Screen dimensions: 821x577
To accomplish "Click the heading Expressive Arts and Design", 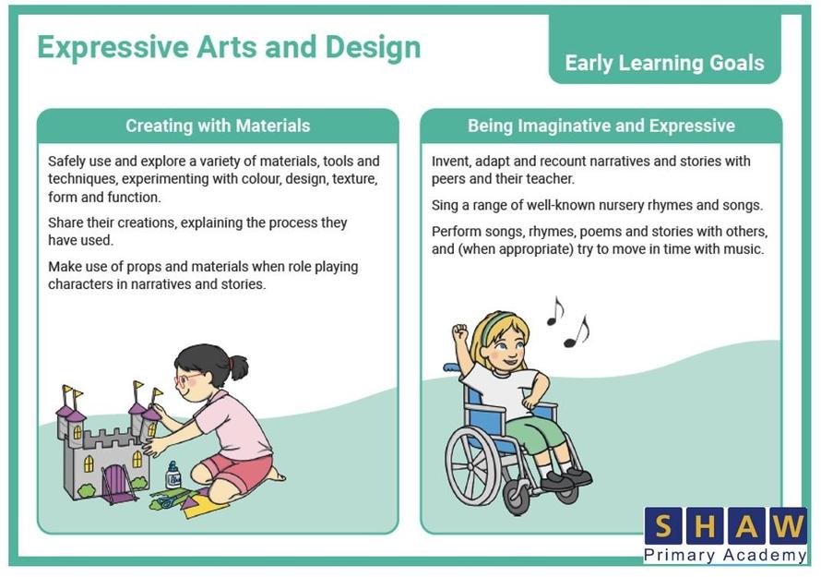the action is (x=229, y=48).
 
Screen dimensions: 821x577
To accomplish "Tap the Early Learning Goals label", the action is (x=664, y=63).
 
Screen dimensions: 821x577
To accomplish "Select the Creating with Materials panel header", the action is (x=218, y=126).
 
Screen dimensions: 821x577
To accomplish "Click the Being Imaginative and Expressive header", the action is (x=601, y=126).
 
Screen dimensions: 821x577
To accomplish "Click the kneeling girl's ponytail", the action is (x=239, y=366).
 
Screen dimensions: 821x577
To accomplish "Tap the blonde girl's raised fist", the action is (x=460, y=331).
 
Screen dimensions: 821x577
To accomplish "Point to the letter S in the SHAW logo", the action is (x=663, y=525).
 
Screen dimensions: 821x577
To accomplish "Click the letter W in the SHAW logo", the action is (x=788, y=525).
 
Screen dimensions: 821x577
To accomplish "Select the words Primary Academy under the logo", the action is (x=725, y=555).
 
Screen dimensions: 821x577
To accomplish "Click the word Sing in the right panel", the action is (x=445, y=206).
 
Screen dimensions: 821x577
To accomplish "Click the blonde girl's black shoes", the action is (x=566, y=477).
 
